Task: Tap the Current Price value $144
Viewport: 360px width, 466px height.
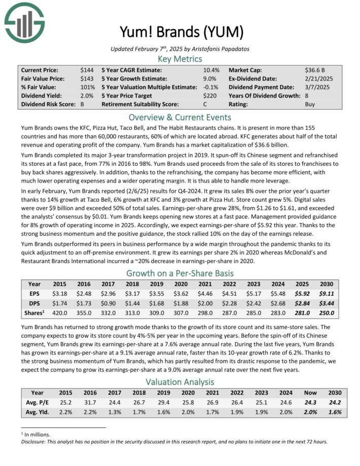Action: click(x=87, y=70)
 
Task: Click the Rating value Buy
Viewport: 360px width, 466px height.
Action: click(x=310, y=104)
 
